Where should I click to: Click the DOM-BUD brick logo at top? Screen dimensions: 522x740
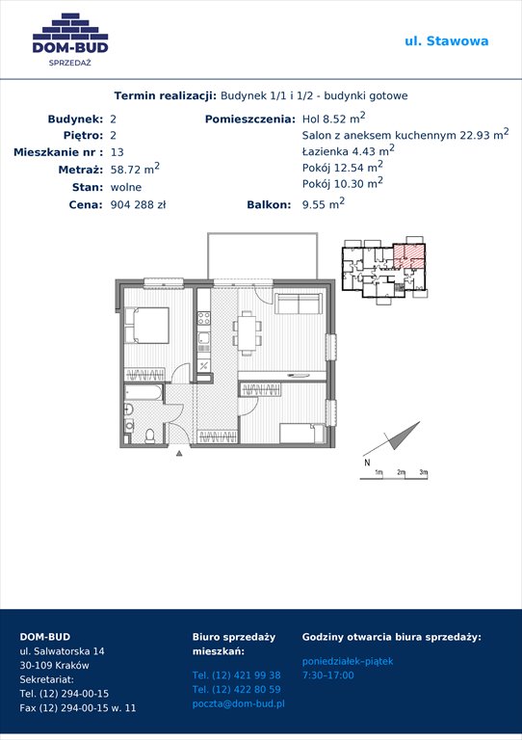[70, 40]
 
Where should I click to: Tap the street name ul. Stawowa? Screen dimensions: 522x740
[447, 41]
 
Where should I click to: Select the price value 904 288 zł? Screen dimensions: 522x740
[138, 205]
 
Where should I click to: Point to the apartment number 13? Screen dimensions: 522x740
[117, 152]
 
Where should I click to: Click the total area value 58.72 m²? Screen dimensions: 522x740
[135, 169]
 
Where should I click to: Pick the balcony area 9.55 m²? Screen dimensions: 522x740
[324, 203]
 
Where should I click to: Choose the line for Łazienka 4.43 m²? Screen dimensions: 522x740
[349, 150]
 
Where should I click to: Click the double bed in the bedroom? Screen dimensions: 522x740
[146, 326]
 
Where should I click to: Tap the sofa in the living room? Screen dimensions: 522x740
[298, 304]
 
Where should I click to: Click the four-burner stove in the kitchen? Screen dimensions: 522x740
[204, 319]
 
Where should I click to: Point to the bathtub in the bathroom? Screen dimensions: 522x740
[144, 392]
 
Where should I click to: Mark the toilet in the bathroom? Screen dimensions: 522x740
[150, 436]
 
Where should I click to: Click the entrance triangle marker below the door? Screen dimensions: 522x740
[179, 454]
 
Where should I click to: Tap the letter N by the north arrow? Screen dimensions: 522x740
[367, 462]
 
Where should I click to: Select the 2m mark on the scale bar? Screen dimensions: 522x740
[402, 472]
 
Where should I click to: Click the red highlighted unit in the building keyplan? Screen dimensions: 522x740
[409, 255]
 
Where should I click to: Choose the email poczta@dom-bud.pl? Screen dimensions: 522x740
[239, 703]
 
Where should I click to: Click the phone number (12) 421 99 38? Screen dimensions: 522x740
[236, 675]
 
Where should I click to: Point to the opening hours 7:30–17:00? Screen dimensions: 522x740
[327, 675]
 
